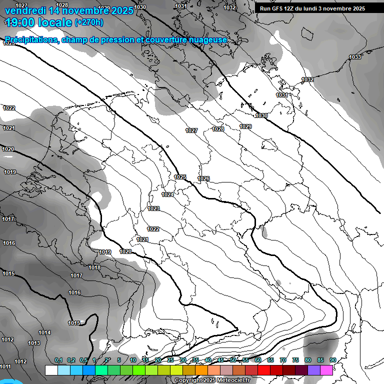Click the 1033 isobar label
[x=355, y=57]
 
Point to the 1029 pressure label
[x=245, y=126]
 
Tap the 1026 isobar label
[x=203, y=178]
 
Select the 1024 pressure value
[x=167, y=194]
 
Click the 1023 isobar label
[x=153, y=208]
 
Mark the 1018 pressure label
[x=94, y=267]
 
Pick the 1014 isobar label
[x=45, y=332]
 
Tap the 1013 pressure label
[x=34, y=343]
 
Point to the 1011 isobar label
[x=5, y=366]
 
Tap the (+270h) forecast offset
[x=89, y=22]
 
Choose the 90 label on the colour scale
[x=332, y=360]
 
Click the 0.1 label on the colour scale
[x=58, y=360]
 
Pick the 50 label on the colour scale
[x=233, y=360]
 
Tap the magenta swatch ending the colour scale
[x=326, y=370]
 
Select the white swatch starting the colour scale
[x=51, y=370]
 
